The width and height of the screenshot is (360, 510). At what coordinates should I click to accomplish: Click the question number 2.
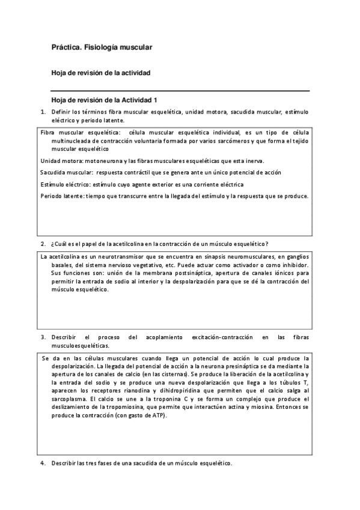[43, 244]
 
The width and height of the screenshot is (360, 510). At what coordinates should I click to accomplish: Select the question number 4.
[43, 463]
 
